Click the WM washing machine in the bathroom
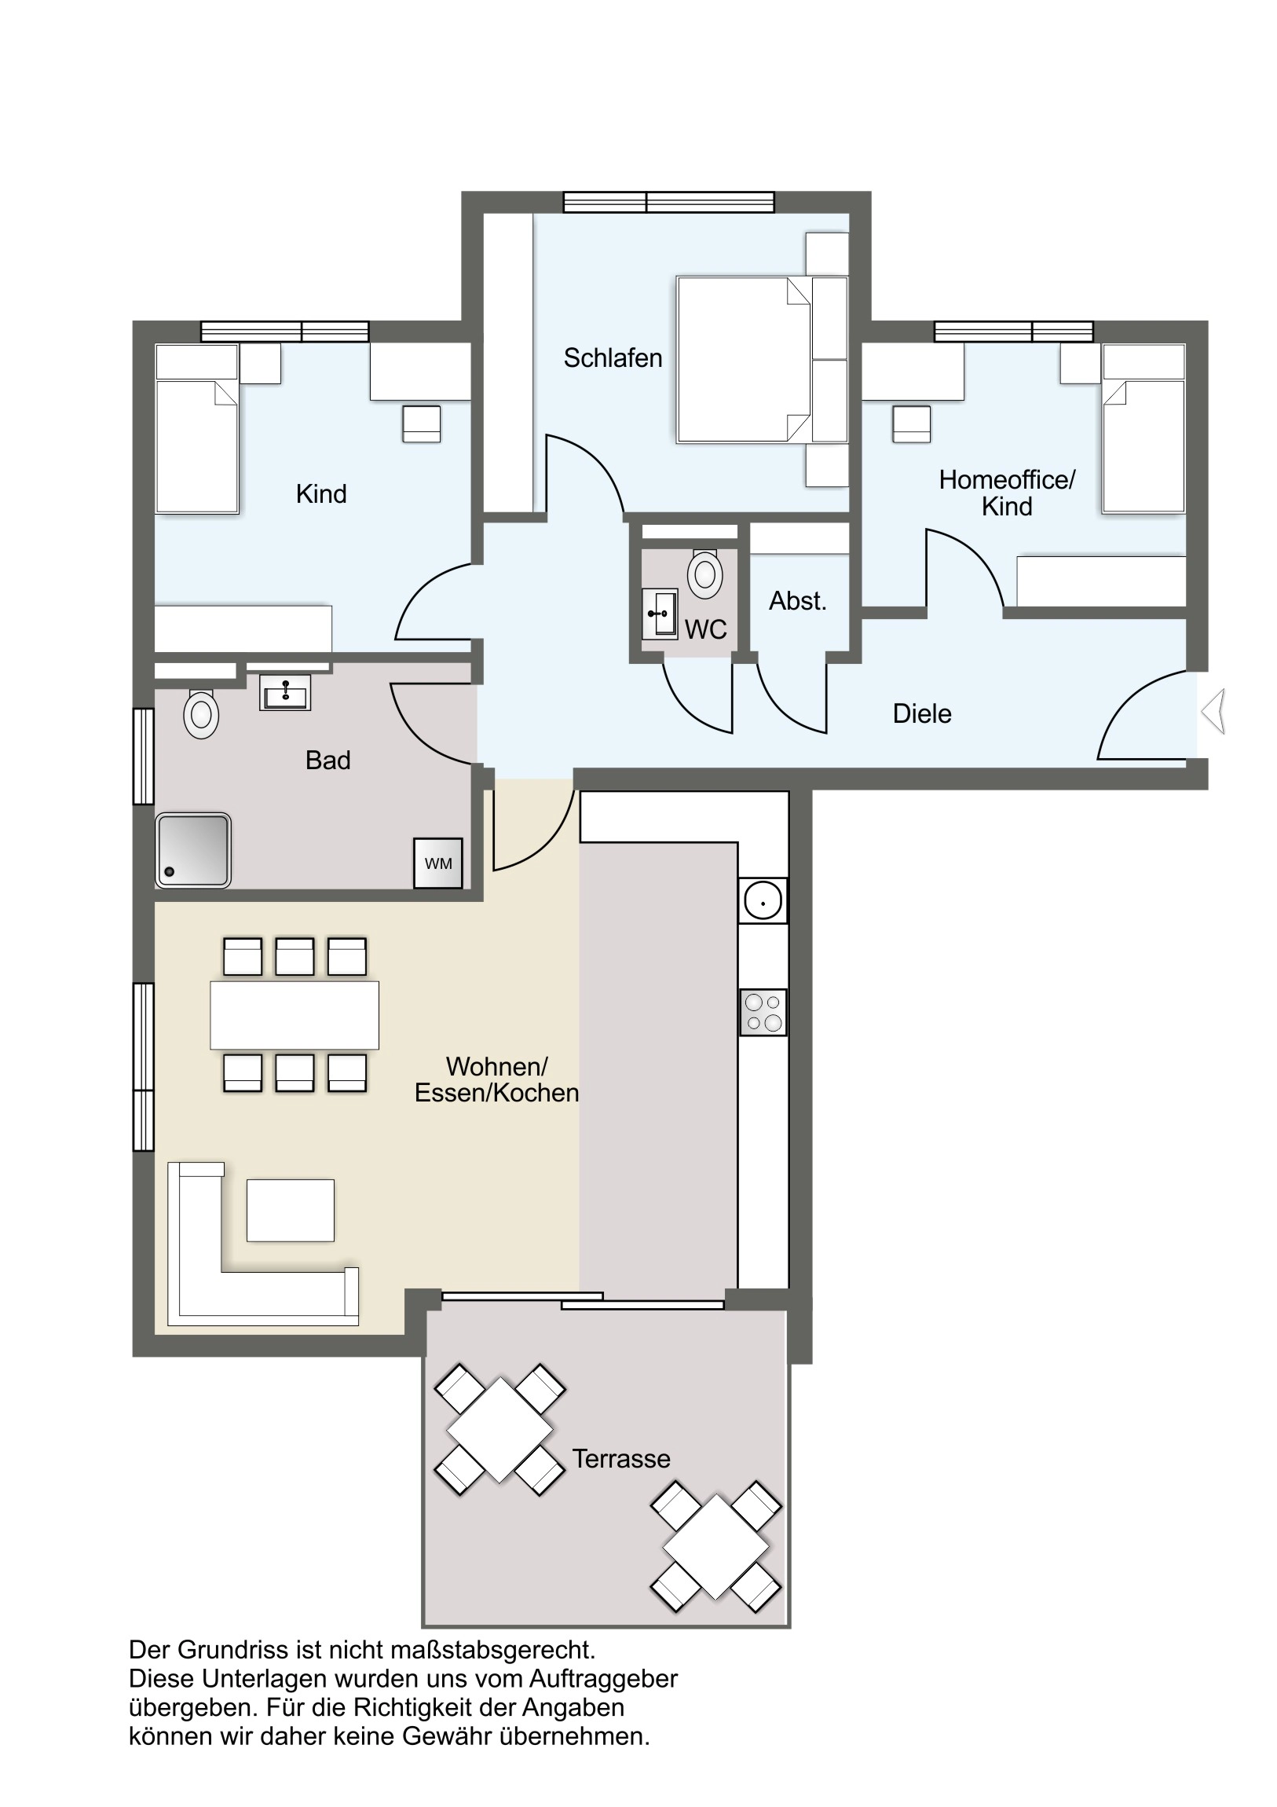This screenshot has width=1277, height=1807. tap(438, 863)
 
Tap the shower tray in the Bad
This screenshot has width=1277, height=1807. tap(192, 850)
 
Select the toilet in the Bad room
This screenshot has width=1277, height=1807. tap(200, 714)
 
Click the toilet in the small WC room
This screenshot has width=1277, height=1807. tap(705, 574)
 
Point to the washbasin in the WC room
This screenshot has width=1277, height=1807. tap(660, 613)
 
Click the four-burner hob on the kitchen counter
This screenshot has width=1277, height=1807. tap(763, 1012)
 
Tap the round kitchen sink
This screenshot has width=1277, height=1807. tap(763, 900)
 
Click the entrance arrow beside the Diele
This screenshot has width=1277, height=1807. tap(1213, 712)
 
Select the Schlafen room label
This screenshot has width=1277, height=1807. tap(613, 358)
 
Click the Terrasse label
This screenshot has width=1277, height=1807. tap(620, 1458)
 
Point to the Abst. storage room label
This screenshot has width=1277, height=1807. tap(798, 600)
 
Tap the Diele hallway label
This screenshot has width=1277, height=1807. tap(922, 713)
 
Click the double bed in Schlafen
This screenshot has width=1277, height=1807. tap(744, 359)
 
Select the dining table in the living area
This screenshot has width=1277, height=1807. tap(295, 1014)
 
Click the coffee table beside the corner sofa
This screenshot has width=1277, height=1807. tap(291, 1210)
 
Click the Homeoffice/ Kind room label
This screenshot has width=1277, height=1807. tap(1007, 493)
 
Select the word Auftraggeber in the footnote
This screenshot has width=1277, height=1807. tap(603, 1679)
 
